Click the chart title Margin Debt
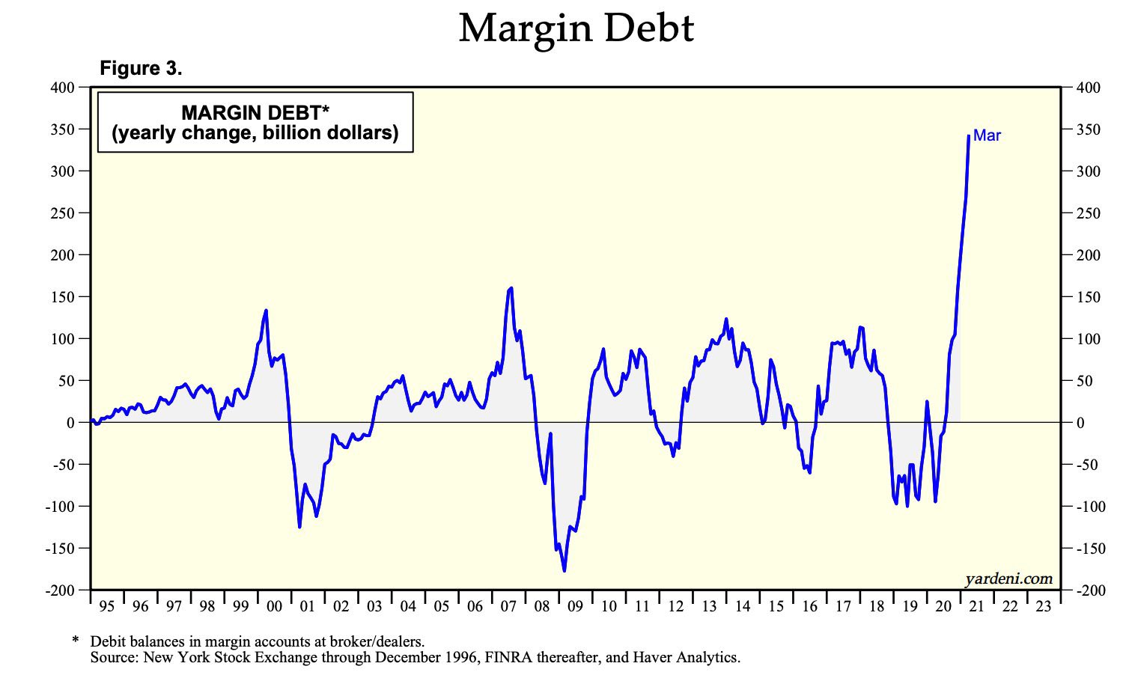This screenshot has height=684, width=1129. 576,28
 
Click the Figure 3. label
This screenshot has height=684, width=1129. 141,69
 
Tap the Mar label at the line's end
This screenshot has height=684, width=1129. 987,135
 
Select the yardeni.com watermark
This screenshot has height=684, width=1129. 1008,578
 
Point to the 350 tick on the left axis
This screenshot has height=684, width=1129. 64,129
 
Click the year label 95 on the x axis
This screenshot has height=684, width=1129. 107,606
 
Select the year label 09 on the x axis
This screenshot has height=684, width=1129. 575,606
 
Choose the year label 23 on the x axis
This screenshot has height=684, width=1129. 1043,606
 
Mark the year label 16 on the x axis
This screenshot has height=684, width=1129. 809,606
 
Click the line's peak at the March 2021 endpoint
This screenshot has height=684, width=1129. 969,135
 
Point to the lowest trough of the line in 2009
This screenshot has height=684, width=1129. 564,571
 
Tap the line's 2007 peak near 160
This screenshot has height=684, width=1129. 511,287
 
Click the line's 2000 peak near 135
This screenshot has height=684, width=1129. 266,310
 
